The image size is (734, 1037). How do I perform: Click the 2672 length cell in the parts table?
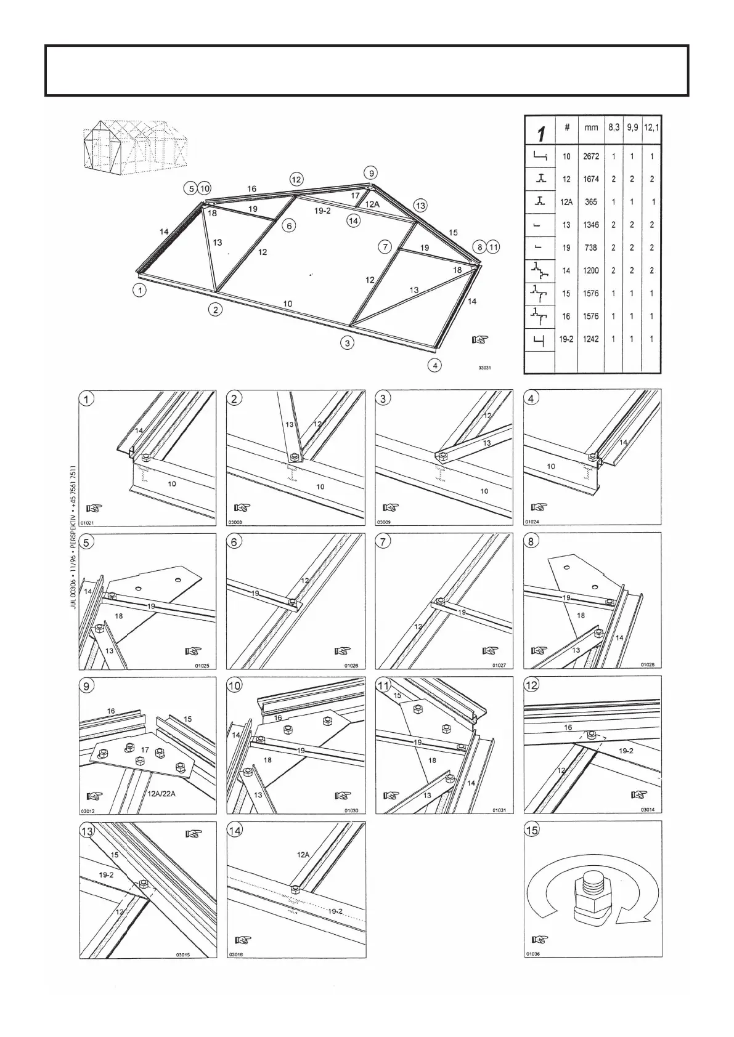tap(590, 156)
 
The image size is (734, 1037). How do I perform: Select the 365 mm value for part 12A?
tap(590, 202)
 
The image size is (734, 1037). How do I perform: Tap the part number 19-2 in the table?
tap(566, 339)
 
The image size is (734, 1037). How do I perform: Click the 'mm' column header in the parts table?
tap(590, 128)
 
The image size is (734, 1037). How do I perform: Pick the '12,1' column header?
tap(651, 128)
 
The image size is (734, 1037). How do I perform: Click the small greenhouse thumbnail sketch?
tap(135, 144)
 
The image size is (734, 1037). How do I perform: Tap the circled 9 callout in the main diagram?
tap(370, 172)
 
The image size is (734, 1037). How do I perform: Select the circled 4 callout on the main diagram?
tap(435, 365)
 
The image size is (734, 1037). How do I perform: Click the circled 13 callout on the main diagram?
tap(420, 204)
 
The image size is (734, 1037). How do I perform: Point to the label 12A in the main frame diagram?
tap(372, 204)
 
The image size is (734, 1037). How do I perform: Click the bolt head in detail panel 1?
tap(147, 458)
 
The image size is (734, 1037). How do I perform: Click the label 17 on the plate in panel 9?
tap(145, 750)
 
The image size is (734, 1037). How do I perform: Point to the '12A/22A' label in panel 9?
tap(161, 794)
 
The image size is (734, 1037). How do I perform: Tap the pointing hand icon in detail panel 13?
tap(193, 834)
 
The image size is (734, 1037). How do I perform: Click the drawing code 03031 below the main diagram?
tap(484, 368)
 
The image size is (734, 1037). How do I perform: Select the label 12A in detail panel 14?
tap(303, 855)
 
